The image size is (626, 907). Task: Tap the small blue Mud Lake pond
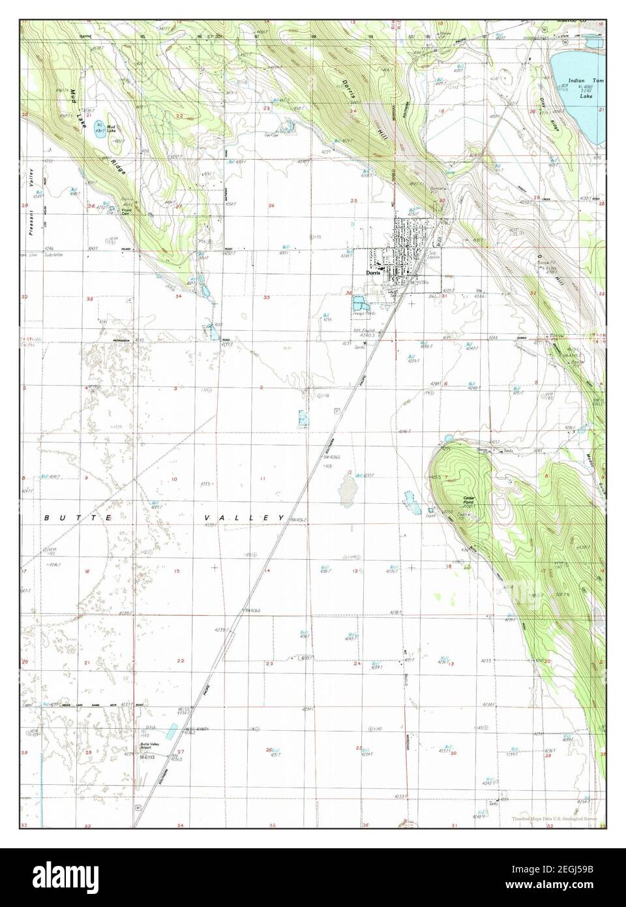point(100,126)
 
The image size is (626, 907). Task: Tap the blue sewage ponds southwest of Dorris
point(359,302)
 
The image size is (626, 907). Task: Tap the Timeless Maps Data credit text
point(554,818)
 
